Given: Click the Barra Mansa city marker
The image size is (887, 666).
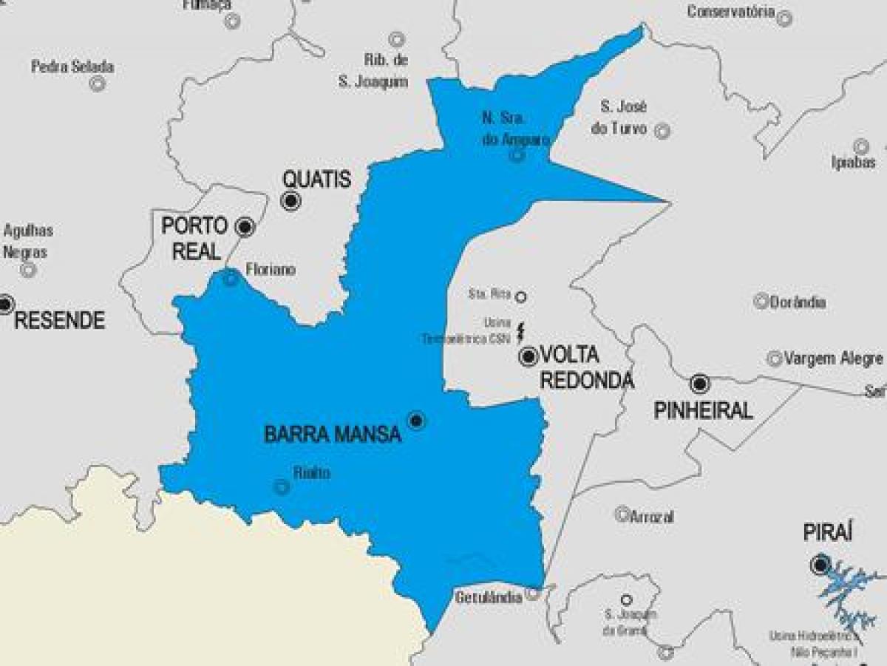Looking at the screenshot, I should [416, 421].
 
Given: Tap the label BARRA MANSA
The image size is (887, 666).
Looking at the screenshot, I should [333, 435].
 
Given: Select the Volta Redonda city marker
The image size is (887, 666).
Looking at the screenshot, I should [529, 357].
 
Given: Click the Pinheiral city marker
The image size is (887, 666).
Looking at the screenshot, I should [699, 384].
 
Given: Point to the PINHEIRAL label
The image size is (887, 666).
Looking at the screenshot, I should [703, 411].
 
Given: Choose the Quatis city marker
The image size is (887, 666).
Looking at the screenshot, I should [291, 200].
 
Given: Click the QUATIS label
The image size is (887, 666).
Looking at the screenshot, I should [316, 180].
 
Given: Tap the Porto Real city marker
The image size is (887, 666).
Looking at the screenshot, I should [245, 226].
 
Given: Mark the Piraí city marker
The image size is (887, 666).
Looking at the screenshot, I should [820, 565].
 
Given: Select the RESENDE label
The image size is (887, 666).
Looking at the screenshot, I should [60, 320].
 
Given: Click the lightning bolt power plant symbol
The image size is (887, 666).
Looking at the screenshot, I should [523, 330].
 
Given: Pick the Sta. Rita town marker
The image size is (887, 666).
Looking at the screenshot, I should [520, 296].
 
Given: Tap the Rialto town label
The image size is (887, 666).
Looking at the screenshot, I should [311, 474].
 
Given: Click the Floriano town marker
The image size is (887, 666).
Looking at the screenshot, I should [231, 278].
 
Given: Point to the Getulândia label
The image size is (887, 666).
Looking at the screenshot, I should [489, 597].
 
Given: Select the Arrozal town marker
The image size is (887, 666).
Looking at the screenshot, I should [622, 514].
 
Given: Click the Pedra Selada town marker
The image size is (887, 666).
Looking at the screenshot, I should [97, 84].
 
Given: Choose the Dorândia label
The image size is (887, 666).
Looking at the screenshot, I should [798, 302].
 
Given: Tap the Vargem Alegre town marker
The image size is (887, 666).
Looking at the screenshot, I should [774, 359].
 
